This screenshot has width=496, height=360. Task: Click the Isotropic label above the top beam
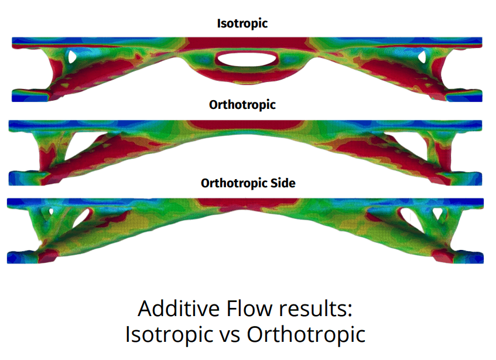[242, 23]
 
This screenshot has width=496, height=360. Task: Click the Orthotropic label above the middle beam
[242, 105]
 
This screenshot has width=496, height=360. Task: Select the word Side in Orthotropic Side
[283, 183]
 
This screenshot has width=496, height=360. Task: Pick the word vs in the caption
[230, 334]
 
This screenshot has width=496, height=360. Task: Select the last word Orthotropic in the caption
[306, 335]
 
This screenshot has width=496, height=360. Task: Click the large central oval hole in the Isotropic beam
[247, 59]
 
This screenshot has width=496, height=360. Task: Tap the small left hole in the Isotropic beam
[72, 57]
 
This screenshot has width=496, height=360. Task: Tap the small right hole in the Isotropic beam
[422, 57]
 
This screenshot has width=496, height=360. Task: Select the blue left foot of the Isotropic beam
[30, 95]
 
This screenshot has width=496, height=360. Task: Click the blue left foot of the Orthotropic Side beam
[23, 257]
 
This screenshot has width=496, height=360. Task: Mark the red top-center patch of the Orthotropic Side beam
[247, 204]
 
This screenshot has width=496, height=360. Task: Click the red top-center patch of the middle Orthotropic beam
[245, 125]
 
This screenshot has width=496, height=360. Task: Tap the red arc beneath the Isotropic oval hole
[247, 76]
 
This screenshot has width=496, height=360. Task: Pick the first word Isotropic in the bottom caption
[169, 335]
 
